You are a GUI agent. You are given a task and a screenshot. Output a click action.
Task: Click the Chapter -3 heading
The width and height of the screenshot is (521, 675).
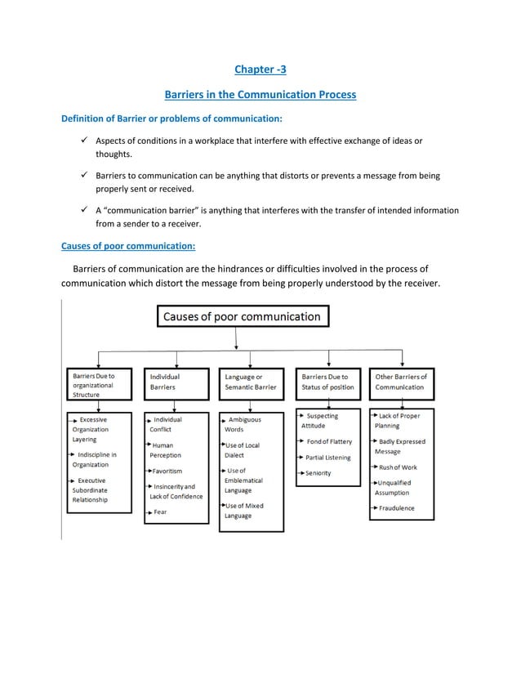pyautogui.click(x=260, y=69)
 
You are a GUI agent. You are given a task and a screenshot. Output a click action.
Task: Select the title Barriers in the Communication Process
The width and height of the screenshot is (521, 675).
pyautogui.click(x=260, y=94)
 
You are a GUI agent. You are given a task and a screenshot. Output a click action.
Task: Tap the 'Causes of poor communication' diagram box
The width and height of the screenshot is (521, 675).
pyautogui.click(x=243, y=316)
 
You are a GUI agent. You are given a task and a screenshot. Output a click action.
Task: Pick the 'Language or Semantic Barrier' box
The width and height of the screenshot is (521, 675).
pyautogui.click(x=251, y=382)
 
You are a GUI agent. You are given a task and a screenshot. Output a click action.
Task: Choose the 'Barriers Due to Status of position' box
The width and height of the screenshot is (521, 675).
pyautogui.click(x=328, y=382)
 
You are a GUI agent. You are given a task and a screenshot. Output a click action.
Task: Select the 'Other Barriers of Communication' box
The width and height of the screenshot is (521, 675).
pyautogui.click(x=401, y=382)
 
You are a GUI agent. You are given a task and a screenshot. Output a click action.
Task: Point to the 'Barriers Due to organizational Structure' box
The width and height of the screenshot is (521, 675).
pyautogui.click(x=99, y=384)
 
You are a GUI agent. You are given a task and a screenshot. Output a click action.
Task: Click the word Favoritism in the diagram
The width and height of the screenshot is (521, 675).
pyautogui.click(x=167, y=472)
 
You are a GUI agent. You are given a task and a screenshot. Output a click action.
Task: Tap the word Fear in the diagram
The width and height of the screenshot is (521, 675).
pyautogui.click(x=161, y=512)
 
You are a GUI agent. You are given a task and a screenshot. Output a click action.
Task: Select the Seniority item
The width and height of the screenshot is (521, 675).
pyautogui.click(x=318, y=473)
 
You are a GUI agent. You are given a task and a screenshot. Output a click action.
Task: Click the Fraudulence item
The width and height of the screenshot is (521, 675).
pyautogui.click(x=396, y=508)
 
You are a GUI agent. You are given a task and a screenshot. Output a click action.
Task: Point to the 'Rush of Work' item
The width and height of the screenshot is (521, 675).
pyautogui.click(x=398, y=467)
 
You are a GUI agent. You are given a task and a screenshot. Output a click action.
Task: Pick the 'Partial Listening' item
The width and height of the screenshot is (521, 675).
pyautogui.click(x=328, y=458)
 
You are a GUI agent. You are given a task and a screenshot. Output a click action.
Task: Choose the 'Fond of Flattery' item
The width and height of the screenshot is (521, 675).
pyautogui.click(x=329, y=442)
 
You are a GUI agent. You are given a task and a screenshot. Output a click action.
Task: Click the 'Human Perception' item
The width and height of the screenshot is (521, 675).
pyautogui.click(x=166, y=450)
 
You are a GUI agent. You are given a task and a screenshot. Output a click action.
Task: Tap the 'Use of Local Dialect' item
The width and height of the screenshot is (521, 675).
pyautogui.click(x=242, y=450)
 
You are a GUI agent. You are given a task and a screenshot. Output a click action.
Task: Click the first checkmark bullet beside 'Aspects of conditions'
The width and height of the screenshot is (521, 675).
pyautogui.click(x=83, y=141)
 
